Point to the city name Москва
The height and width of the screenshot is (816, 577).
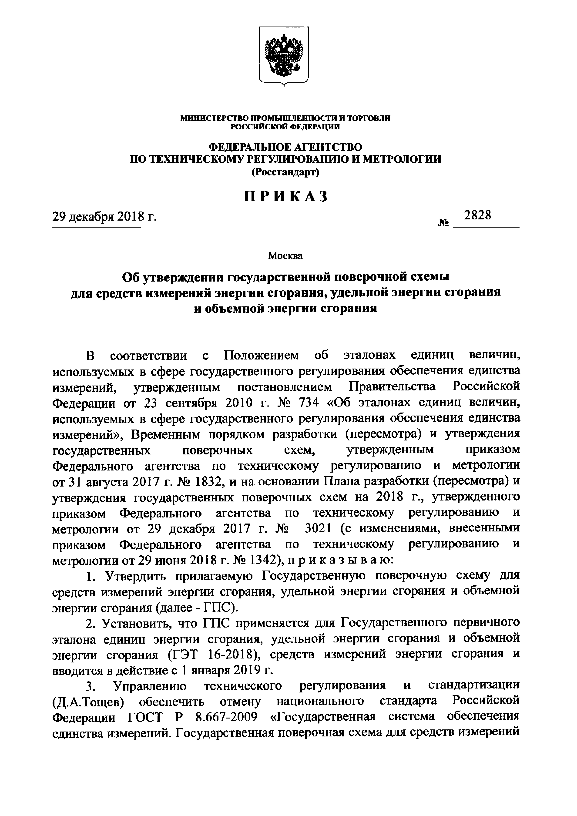285,255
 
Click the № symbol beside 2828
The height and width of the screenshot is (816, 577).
444,223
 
